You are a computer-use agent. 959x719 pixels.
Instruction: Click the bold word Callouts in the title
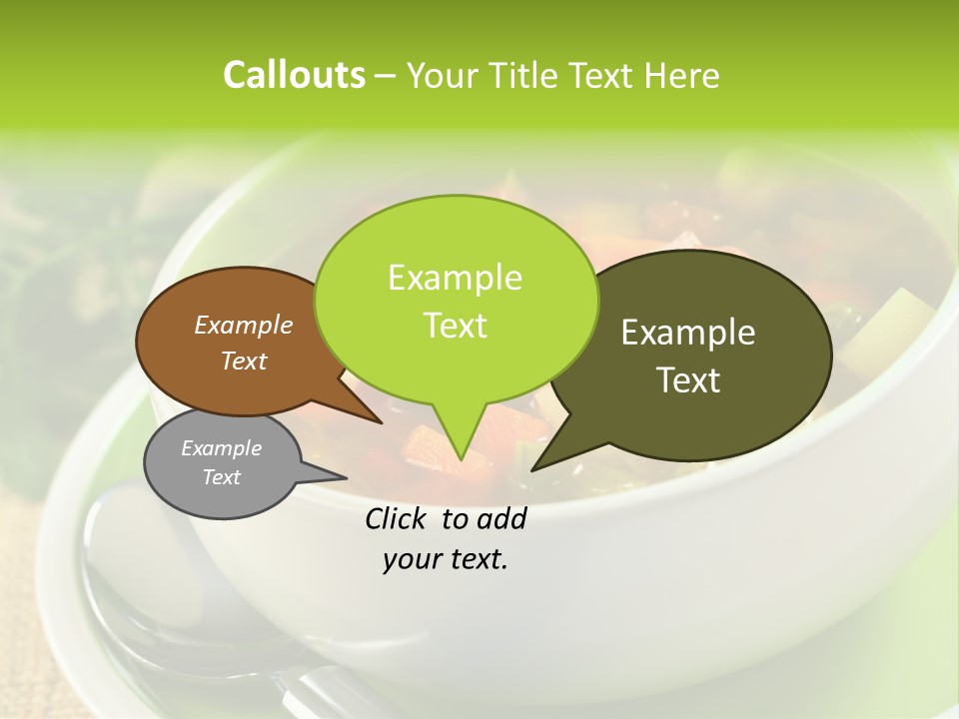pos(294,75)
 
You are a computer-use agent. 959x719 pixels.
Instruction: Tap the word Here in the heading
pos(682,76)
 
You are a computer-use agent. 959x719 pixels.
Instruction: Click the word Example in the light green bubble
pos(456,278)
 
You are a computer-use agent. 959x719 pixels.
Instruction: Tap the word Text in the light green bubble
pos(456,326)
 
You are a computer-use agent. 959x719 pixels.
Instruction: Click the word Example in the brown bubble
pos(244,326)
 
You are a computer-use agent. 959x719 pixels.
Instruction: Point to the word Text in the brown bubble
pos(244,361)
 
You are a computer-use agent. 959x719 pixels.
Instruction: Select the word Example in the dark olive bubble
pos(688,333)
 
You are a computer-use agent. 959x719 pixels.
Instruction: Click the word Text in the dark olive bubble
pos(689,380)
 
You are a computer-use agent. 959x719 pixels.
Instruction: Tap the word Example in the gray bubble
pos(222,448)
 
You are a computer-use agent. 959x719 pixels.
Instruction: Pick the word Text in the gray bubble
pos(222,477)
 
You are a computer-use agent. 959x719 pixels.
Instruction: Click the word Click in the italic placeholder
pos(399,518)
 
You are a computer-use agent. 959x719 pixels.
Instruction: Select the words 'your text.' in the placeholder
pos(446,560)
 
